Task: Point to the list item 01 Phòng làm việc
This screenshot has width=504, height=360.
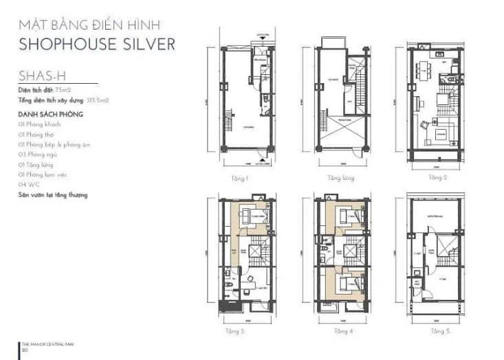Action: (47, 175)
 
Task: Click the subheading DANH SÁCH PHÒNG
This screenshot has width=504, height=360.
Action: (52, 114)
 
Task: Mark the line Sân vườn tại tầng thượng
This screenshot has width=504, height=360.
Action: (53, 195)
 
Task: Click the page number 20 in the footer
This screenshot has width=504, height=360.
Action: (25, 350)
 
